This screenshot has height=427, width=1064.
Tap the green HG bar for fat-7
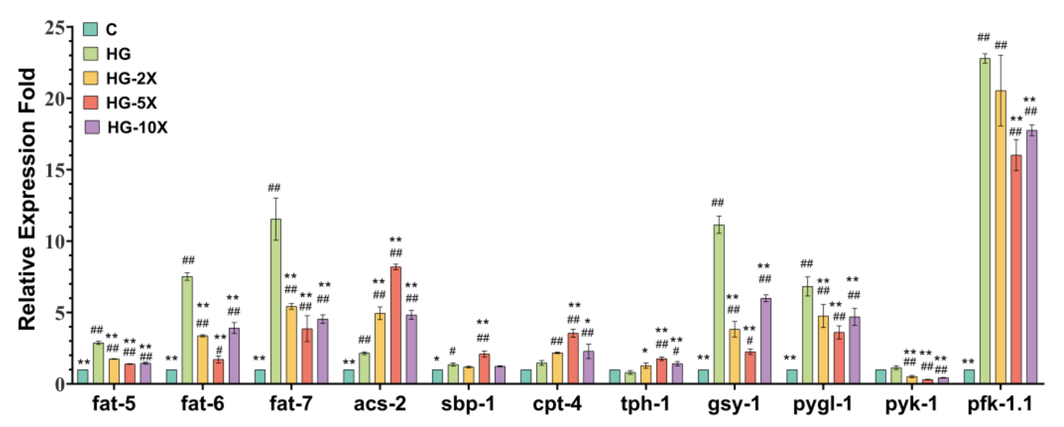pyautogui.click(x=276, y=301)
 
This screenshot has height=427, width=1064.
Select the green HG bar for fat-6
pyautogui.click(x=187, y=330)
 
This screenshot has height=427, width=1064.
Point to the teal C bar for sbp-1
pyautogui.click(x=437, y=377)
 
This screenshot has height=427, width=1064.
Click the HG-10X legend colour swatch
pyautogui.click(x=92, y=127)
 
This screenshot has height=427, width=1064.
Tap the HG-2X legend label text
pyautogui.click(x=132, y=78)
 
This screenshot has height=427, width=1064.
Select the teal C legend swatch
pyautogui.click(x=91, y=29)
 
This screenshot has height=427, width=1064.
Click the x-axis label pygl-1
pyautogui.click(x=822, y=404)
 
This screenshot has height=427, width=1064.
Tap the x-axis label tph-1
pyautogui.click(x=645, y=404)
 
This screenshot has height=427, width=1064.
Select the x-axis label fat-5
pyautogui.click(x=114, y=404)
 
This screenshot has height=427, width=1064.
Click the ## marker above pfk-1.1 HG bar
pyautogui.click(x=983, y=38)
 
